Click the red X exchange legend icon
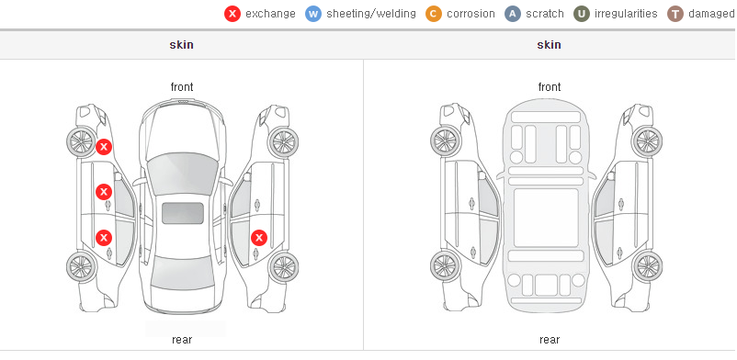(232, 14)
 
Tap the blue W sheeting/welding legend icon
(313, 14)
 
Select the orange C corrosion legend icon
(434, 14)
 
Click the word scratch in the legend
(545, 14)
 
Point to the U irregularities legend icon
(582, 14)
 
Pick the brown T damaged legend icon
(675, 14)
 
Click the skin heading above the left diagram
(181, 45)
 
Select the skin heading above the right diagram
(549, 45)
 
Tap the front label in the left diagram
(182, 87)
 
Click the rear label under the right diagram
(550, 340)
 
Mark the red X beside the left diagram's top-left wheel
(104, 147)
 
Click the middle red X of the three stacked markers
(104, 192)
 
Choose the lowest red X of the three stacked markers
(104, 238)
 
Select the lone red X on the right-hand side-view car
(259, 238)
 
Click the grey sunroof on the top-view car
(183, 213)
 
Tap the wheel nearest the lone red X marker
(283, 267)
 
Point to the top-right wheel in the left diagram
(283, 141)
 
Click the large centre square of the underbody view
(546, 218)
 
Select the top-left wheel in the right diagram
(445, 141)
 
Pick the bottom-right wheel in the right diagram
(647, 266)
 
